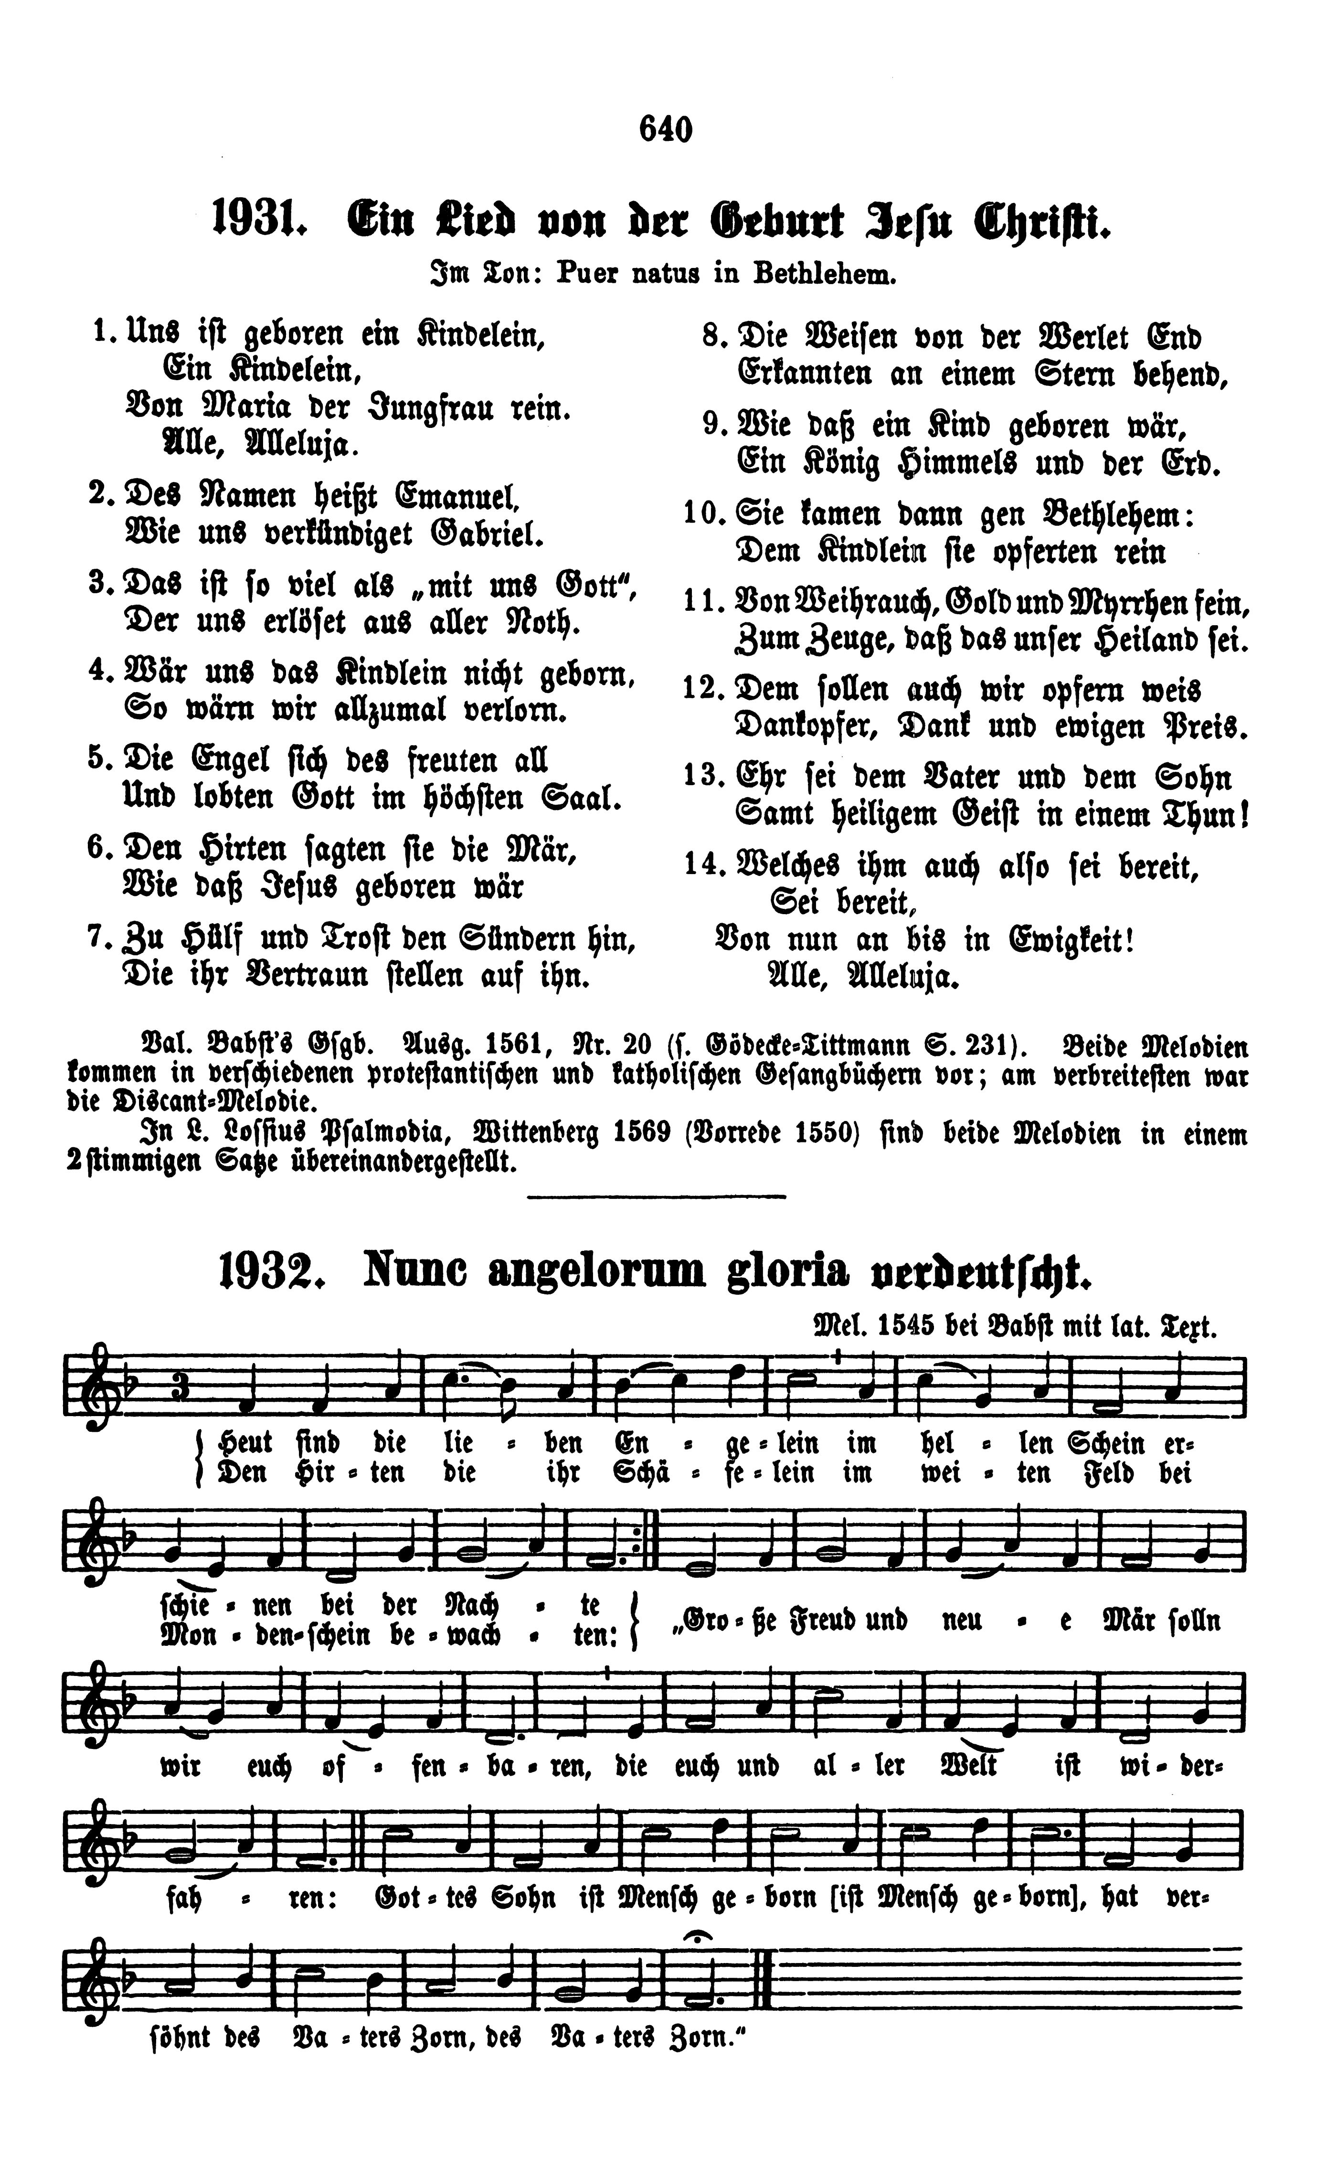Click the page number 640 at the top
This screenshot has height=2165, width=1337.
665,130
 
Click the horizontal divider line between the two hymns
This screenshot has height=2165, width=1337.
656,1197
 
